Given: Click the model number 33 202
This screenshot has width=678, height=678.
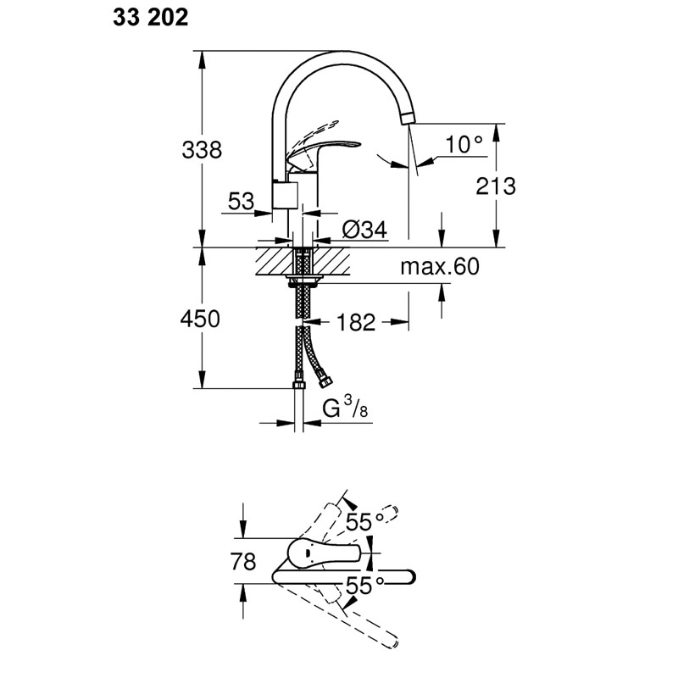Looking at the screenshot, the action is click(x=151, y=18).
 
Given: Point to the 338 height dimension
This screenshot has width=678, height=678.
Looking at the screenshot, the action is click(x=202, y=150).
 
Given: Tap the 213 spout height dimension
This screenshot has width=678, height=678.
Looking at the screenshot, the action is click(x=496, y=186).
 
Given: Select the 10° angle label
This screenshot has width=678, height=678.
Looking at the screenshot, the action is click(x=464, y=144).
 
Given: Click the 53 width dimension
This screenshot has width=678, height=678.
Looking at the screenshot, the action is click(x=241, y=201).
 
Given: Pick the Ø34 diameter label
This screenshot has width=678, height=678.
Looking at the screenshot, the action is click(x=364, y=230).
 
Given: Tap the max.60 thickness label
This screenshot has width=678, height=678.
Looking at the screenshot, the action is click(x=440, y=266).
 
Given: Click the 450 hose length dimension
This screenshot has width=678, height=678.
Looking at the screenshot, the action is click(x=200, y=320).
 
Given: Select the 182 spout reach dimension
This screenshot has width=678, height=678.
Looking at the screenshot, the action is click(x=356, y=323).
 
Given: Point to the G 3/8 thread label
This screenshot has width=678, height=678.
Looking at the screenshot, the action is click(x=345, y=408).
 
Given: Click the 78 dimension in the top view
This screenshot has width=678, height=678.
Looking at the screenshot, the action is click(x=243, y=562).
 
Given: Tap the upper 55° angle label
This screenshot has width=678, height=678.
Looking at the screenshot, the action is click(x=365, y=522).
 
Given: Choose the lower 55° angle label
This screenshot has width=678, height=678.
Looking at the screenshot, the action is click(x=365, y=586).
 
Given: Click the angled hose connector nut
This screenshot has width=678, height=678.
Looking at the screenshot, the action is click(x=324, y=378).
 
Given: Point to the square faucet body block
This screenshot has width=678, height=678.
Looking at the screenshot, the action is click(x=285, y=196).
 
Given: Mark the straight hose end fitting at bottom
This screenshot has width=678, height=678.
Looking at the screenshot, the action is click(x=299, y=385).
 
